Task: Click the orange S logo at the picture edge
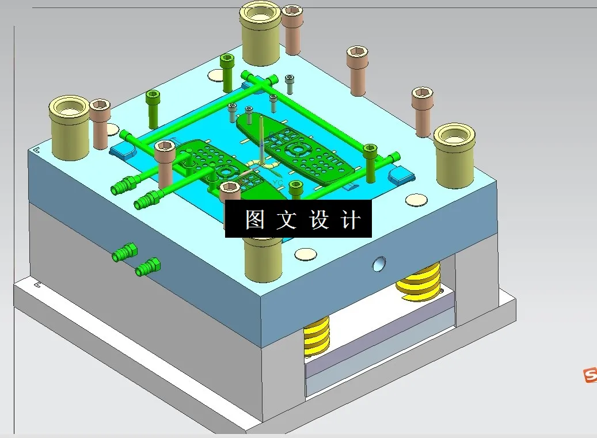(x=590, y=375)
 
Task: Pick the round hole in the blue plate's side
(x=379, y=264)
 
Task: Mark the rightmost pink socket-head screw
(x=422, y=111)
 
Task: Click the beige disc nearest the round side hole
(x=416, y=200)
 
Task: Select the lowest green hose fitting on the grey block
(x=148, y=267)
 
